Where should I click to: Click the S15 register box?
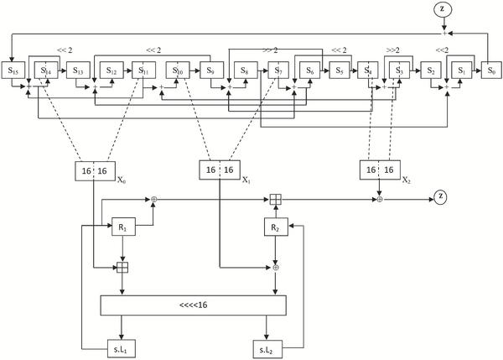point(13,70)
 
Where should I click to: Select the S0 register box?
point(491,70)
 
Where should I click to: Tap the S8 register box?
point(246,70)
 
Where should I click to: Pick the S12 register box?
point(111,70)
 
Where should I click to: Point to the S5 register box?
point(340,70)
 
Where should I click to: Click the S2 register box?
point(431,70)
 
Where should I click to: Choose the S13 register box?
point(78,70)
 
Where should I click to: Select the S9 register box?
point(212,70)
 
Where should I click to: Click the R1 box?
point(123,227)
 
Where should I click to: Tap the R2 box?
point(276,227)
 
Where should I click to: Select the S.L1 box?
point(122,349)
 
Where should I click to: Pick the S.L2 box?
point(267,349)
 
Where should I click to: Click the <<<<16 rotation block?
point(194,305)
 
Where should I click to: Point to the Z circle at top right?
point(443,9)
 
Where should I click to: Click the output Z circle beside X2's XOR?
point(440,196)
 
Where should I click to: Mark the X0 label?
point(122,180)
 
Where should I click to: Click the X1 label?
point(246,180)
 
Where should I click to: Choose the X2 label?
point(407,180)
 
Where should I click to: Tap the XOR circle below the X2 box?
point(380,200)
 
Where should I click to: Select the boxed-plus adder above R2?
point(276,200)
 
